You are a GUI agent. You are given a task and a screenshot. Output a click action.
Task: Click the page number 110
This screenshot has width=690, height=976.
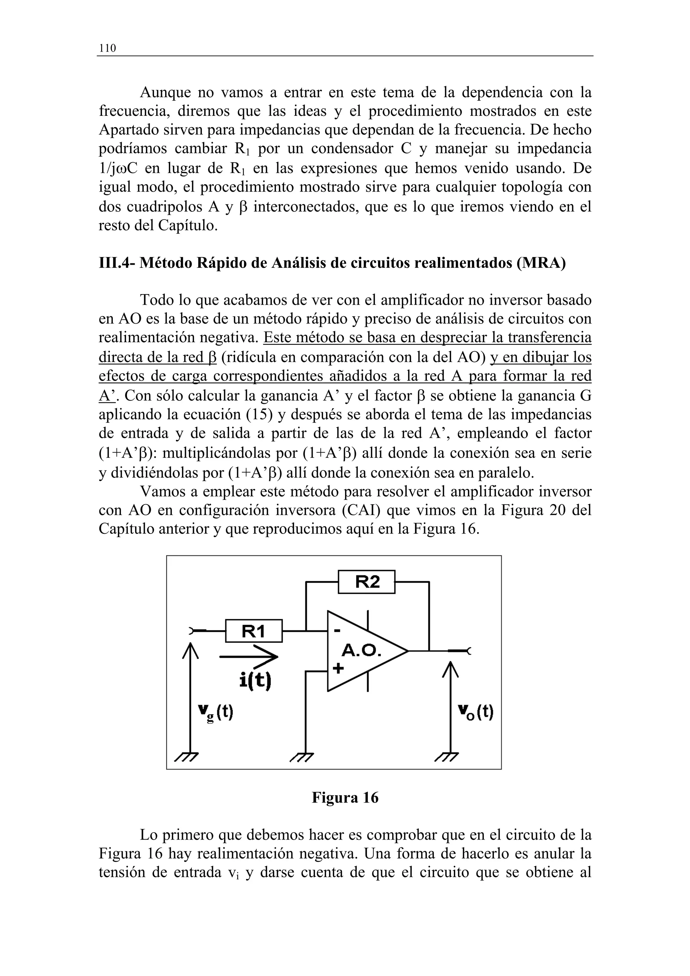107,48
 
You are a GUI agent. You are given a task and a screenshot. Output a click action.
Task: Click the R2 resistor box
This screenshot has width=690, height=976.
367,582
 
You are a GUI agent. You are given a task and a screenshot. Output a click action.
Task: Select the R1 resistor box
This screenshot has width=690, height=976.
253,631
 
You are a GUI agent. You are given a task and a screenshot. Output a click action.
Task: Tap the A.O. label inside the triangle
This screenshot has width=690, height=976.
362,650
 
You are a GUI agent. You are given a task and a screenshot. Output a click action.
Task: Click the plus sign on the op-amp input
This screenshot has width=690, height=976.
338,668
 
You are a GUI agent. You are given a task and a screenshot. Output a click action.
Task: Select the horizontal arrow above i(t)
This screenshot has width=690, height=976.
249,657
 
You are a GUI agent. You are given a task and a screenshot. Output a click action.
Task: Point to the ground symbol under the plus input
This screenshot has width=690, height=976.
302,756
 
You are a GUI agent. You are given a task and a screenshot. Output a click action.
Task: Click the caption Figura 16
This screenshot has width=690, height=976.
345,798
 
